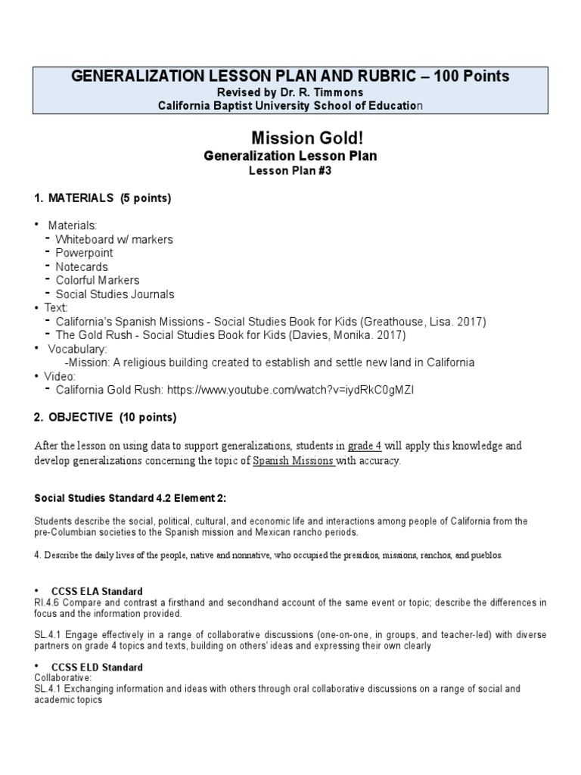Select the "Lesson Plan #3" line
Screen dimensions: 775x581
[x=290, y=171]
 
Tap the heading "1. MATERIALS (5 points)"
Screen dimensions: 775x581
[x=103, y=198]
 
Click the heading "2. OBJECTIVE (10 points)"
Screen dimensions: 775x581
[x=105, y=417]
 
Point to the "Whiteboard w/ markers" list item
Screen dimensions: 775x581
[x=113, y=239]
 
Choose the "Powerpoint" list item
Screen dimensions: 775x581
[x=83, y=253]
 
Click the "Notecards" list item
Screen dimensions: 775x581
[x=81, y=266]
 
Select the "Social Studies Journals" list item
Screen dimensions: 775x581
[x=114, y=294]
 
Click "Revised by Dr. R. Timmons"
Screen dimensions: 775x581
[x=290, y=92]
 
